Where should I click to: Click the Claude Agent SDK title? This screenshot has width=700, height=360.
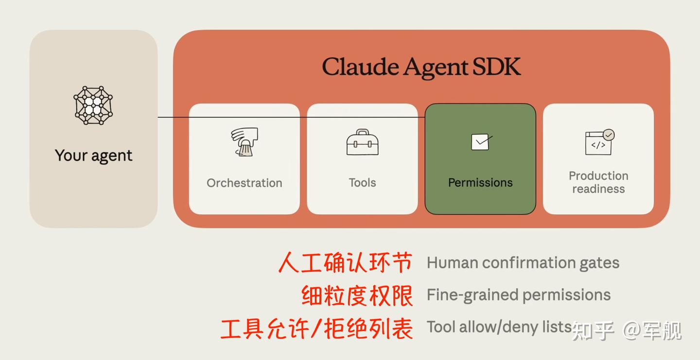tap(421, 67)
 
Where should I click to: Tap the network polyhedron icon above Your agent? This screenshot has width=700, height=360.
tap(93, 105)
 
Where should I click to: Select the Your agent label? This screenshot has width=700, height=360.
tap(93, 155)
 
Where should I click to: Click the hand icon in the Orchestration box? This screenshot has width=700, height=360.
tap(244, 142)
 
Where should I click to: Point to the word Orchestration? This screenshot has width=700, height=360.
tap(244, 183)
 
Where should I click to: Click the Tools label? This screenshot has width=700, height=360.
tap(362, 183)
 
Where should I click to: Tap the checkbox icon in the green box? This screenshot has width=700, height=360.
tap(481, 142)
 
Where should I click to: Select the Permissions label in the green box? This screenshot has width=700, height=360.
tap(480, 183)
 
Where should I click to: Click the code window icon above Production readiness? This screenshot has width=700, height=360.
tap(599, 142)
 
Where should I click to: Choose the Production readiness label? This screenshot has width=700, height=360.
tap(598, 182)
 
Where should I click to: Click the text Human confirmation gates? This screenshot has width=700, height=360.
tap(523, 263)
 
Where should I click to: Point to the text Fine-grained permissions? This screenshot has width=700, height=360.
tap(519, 295)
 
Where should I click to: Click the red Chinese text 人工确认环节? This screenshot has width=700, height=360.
tap(346, 263)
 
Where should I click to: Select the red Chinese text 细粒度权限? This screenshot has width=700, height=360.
tap(357, 295)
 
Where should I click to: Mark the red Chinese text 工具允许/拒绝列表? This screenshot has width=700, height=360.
tap(317, 328)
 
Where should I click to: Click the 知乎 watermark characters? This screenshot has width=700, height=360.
tap(593, 331)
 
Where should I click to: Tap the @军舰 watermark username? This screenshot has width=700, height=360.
tap(652, 331)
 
